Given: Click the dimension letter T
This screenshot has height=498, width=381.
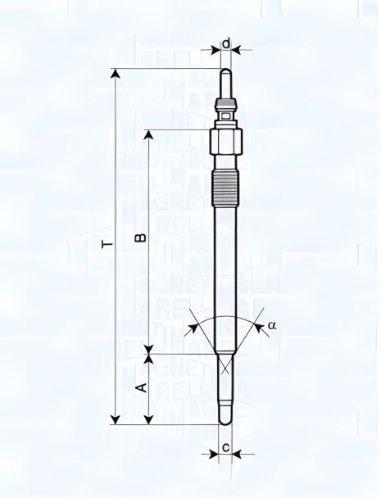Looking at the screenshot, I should (x=102, y=243).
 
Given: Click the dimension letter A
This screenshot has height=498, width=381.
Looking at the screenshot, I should (x=140, y=386).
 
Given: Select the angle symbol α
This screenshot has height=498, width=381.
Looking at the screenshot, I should (x=273, y=325).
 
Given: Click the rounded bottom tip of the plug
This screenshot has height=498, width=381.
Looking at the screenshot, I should (x=226, y=421).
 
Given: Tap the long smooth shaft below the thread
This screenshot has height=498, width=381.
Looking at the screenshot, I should (x=226, y=278).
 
